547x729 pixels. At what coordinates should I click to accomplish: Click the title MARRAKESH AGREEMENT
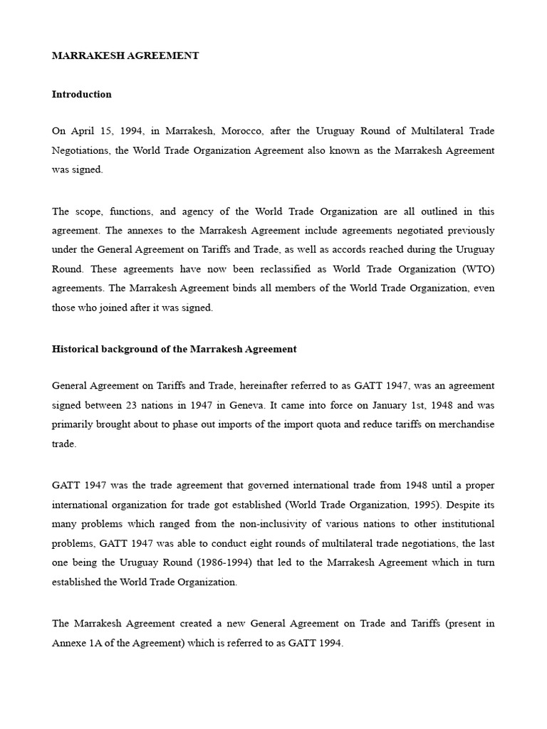125,56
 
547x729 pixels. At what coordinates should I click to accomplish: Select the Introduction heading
82,95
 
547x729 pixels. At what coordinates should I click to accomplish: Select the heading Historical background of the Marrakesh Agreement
174,350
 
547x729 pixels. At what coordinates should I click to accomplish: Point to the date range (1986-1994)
214,562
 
